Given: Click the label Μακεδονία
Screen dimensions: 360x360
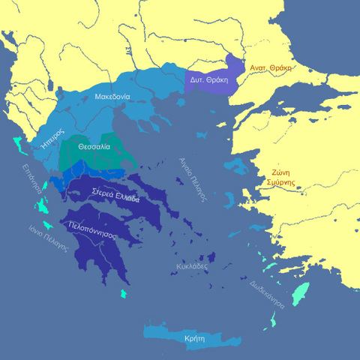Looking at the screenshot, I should (112, 97).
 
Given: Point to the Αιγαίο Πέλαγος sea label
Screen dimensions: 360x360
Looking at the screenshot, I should (191, 180).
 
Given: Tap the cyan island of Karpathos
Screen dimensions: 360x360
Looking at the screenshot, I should (274, 321).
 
